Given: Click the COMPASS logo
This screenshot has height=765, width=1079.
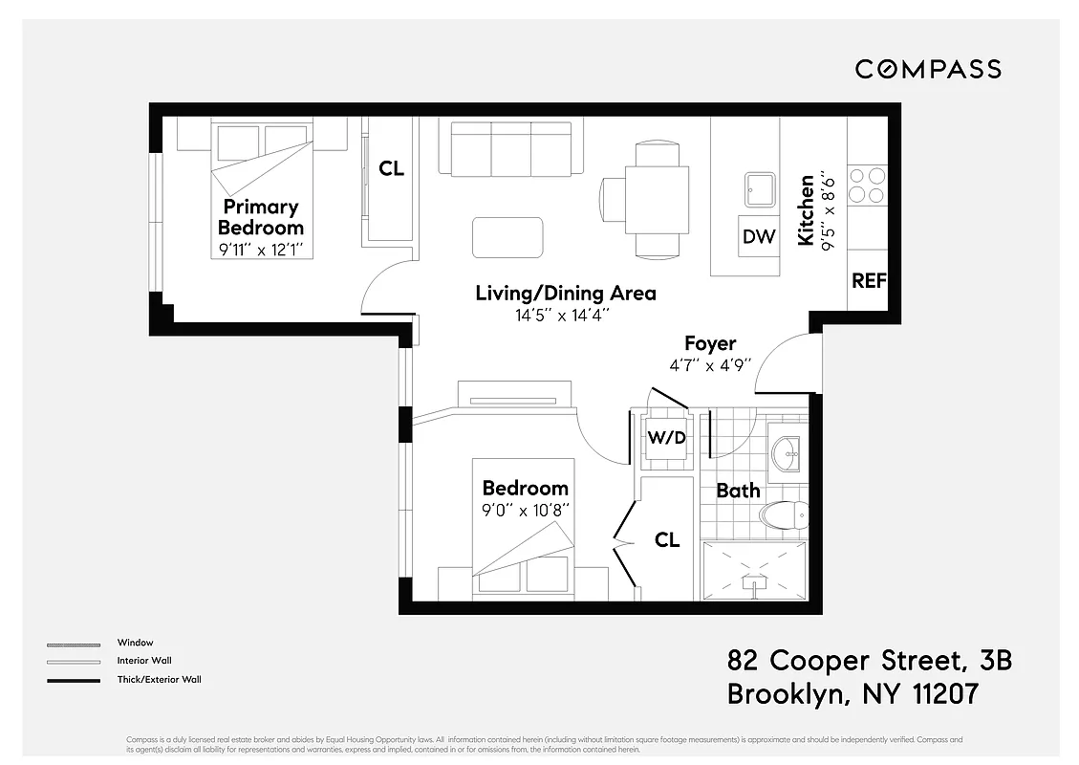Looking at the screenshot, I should coord(928,69).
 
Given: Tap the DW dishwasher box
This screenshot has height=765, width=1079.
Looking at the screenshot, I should coord(759,236).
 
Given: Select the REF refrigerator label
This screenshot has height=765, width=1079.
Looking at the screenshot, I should coord(869,281).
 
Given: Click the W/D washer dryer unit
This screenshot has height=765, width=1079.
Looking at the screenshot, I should coord(667,439).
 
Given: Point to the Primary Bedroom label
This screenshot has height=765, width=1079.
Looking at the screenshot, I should coord(261,217).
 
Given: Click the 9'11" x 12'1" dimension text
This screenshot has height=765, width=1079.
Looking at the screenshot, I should coord(261,251).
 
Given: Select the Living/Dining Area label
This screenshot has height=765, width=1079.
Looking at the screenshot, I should coord(566,293).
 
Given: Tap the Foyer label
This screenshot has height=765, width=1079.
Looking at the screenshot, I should coord(710,342).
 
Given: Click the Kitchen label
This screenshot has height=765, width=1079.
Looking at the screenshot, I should coord(807,209).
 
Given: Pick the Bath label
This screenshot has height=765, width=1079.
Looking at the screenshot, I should coord(738,491).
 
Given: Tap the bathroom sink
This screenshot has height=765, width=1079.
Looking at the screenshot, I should coord(788,454).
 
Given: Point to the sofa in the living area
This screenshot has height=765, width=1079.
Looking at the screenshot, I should coord(511,148).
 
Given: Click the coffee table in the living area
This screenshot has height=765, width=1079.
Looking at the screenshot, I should coord(508,237).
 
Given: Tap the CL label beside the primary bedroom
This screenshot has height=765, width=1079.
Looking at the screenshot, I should coord(391,169).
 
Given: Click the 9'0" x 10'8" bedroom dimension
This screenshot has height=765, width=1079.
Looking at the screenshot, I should coord(525,510).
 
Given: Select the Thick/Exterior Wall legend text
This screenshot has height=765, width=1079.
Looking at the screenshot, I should coord(159,680).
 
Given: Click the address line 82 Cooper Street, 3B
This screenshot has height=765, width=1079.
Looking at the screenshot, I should coord(869,661).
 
